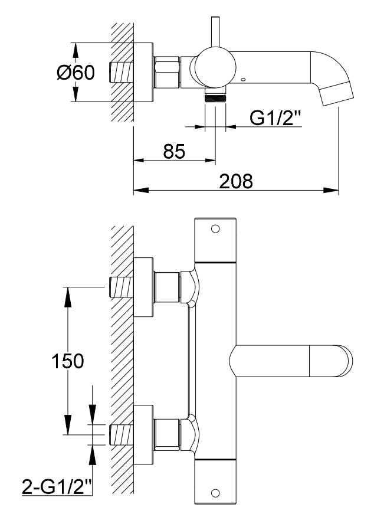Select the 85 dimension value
pos(174,151)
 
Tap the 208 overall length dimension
pos(235,181)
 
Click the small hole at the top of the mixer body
pos(215,228)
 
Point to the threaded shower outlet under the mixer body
pos(215,97)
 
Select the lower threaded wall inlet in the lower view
pos(120,434)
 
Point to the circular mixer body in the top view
pos(215,68)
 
